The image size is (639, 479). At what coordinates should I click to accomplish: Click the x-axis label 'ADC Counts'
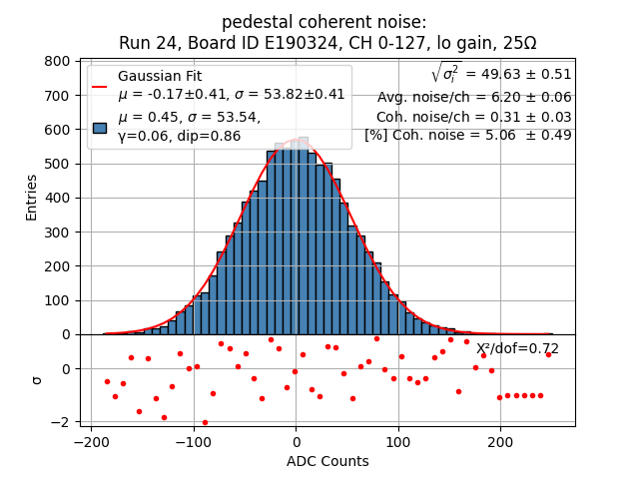click(327, 461)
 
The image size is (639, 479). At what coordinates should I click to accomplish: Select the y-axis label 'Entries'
click(31, 197)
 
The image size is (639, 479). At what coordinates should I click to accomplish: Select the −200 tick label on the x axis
click(91, 441)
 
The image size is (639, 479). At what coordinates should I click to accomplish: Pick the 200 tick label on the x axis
click(500, 441)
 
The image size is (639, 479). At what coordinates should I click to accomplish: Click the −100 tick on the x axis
click(193, 441)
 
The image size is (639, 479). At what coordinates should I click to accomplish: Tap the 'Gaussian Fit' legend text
click(160, 76)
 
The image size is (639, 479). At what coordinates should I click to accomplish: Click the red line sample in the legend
click(100, 86)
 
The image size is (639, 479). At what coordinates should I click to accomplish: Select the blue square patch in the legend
click(100, 128)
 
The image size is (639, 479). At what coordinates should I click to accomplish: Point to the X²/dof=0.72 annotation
click(517, 348)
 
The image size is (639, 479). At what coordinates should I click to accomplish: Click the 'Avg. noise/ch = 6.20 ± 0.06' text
click(474, 97)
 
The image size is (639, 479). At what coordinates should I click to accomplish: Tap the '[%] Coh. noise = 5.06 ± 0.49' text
click(468, 135)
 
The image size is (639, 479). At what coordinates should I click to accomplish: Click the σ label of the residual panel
click(37, 379)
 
